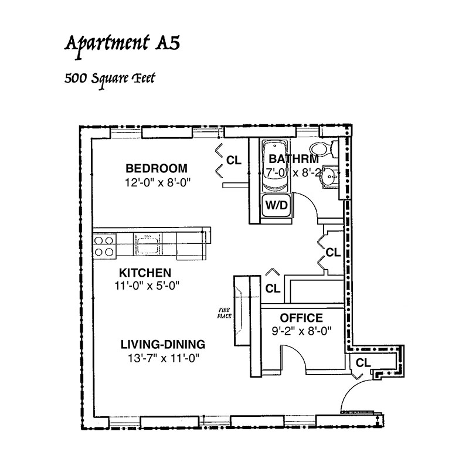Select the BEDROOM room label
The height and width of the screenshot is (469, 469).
pos(157,168)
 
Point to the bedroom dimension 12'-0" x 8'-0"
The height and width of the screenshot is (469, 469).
pos(158,182)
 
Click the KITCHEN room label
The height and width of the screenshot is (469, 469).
pos(145,273)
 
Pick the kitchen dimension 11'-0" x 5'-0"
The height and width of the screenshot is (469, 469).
pos(147,286)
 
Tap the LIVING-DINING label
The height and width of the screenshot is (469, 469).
pos(163,344)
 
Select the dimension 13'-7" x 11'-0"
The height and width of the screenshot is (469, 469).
pos(164,358)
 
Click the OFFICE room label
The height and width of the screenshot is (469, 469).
pos(301,318)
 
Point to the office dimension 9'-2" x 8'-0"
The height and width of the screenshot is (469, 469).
pos(301,331)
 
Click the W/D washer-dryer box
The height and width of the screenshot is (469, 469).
pos(276,206)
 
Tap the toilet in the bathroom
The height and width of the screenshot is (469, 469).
pos(324,149)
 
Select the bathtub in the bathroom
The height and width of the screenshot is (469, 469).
pos(275,166)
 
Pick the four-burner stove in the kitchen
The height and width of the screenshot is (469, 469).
pos(104,246)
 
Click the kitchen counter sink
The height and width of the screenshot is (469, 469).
pos(148,244)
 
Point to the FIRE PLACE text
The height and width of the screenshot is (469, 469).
pos(225,313)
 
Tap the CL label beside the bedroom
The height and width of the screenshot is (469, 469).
pos(233,161)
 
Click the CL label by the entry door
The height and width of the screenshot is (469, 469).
pos(363,363)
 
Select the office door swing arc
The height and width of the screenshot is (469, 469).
pos(300,354)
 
